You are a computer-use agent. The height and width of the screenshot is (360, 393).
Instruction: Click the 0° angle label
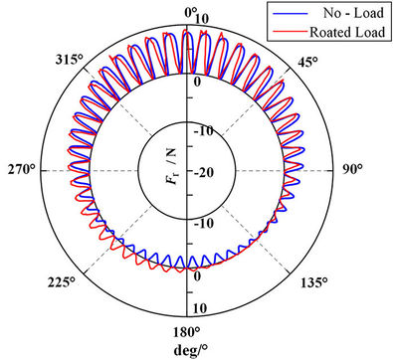[190, 13]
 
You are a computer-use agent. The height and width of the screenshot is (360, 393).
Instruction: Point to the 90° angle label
[351, 169]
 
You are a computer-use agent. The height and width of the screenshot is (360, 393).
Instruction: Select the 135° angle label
[314, 283]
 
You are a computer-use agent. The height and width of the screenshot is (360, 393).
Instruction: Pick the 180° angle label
[187, 332]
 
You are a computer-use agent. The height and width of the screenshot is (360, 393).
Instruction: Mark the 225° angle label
[62, 282]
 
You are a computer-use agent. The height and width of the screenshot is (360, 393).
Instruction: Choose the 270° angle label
[22, 170]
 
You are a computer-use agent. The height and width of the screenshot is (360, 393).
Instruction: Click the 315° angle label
[69, 60]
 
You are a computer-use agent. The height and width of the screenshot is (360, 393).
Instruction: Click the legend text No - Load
[353, 13]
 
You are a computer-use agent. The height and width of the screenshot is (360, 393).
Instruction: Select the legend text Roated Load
[347, 32]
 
